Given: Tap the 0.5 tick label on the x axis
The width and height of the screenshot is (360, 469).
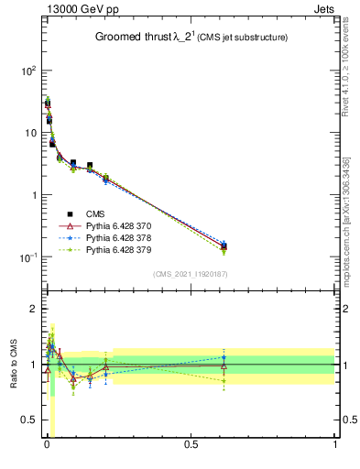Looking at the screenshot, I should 191,446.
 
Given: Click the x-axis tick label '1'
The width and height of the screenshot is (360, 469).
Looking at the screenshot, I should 335,446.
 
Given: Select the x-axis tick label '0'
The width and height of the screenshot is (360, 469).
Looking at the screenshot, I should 47,446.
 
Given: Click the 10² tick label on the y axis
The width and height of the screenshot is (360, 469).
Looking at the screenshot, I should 27,71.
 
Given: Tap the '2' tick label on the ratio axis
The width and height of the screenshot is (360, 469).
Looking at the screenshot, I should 30,309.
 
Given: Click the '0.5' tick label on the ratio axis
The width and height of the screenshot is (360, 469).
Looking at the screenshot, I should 26,420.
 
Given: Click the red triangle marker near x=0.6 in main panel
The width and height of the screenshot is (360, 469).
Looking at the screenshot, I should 224,245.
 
